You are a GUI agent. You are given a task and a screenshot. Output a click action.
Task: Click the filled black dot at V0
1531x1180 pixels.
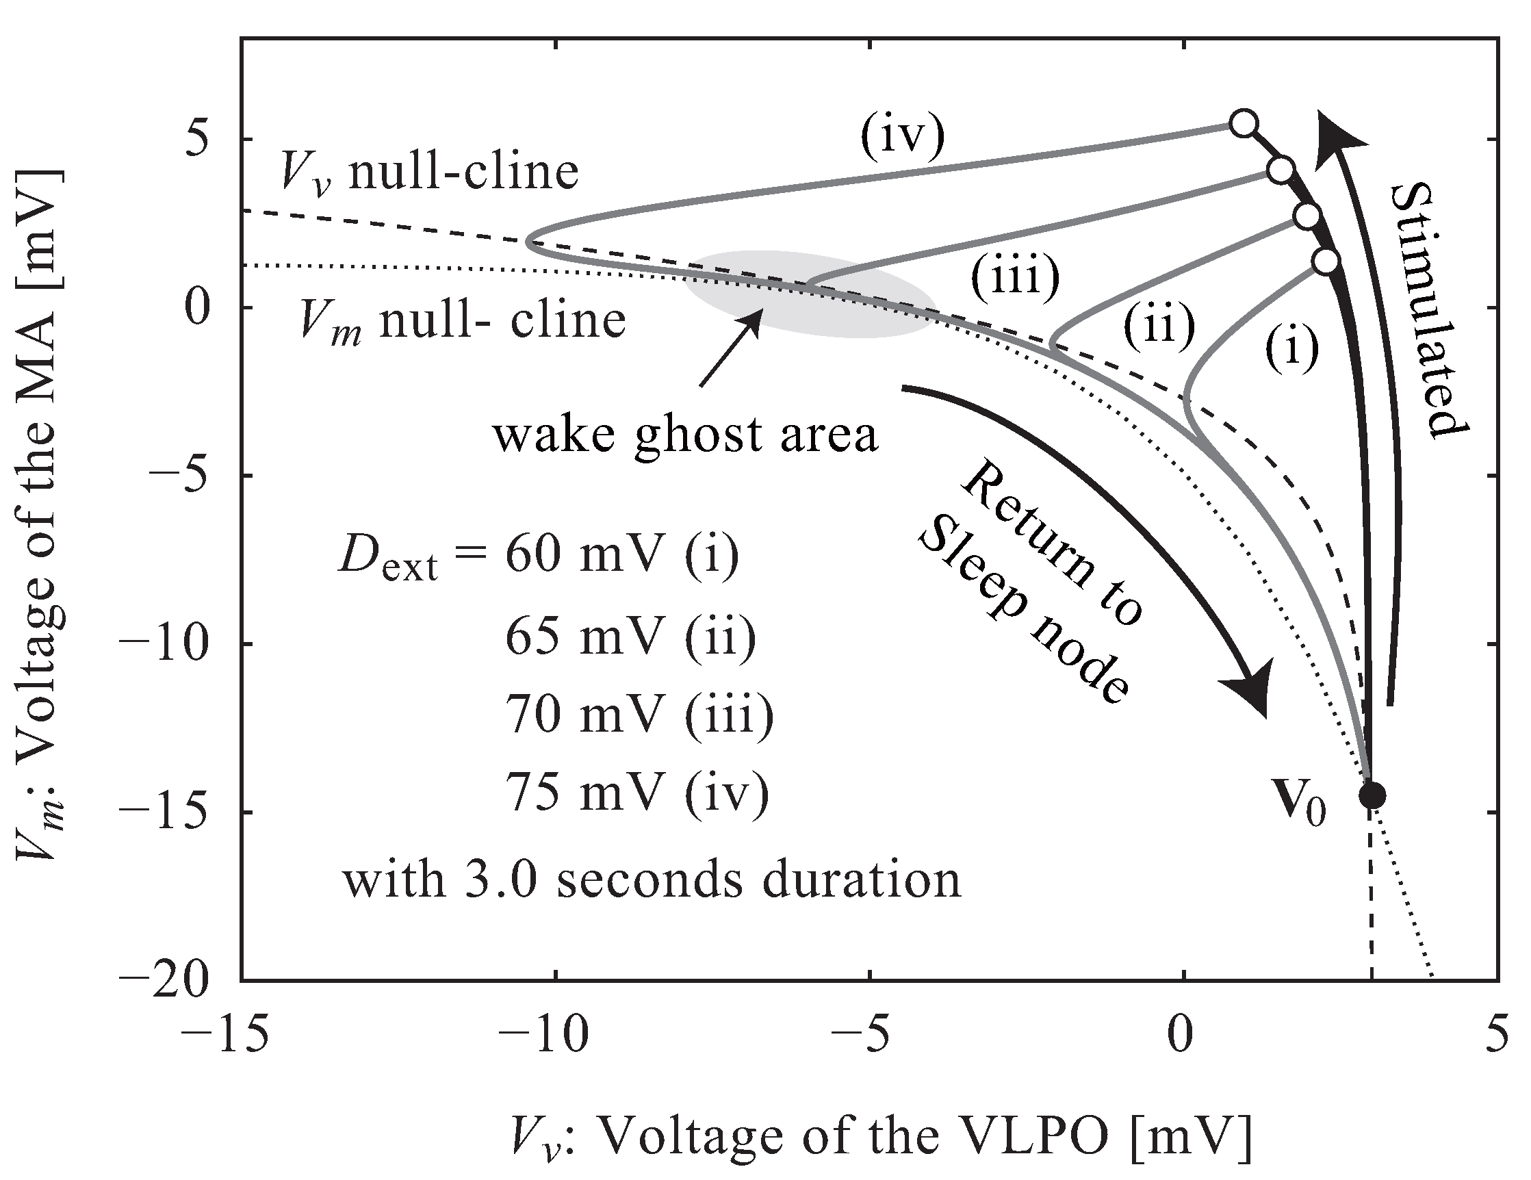click(1372, 795)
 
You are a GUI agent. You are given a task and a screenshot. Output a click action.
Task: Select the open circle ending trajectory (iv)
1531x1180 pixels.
click(1244, 122)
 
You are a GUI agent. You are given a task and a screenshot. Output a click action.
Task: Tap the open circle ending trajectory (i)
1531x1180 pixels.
click(1326, 261)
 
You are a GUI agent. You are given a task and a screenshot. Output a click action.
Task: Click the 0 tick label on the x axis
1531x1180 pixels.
click(1183, 1034)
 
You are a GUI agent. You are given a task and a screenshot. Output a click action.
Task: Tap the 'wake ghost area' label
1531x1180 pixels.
click(685, 435)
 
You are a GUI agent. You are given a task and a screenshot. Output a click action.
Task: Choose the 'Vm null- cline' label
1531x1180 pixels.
click(462, 321)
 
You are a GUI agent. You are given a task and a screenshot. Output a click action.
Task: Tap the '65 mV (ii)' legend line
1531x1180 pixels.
click(631, 637)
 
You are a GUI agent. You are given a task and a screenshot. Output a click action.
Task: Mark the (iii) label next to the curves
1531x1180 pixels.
click(1014, 277)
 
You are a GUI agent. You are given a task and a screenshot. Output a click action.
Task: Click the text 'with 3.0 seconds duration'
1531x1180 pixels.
click(652, 880)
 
